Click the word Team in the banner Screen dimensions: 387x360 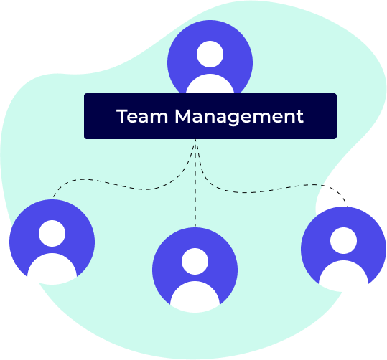(x=142, y=116)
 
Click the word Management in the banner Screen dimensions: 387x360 (x=239, y=118)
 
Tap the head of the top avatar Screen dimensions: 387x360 (x=210, y=54)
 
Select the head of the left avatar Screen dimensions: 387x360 (x=52, y=233)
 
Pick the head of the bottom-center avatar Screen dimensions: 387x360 (x=195, y=261)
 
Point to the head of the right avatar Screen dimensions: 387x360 (x=343, y=241)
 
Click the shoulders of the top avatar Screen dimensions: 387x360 (x=210, y=84)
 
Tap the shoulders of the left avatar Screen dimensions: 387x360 (x=52, y=268)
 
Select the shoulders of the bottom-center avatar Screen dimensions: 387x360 (x=195, y=296)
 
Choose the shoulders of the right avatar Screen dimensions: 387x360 (x=343, y=275)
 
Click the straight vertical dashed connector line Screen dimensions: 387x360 (x=195, y=183)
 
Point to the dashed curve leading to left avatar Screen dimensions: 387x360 (x=123, y=186)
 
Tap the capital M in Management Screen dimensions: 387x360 (x=182, y=116)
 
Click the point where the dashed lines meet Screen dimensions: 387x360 (x=195, y=140)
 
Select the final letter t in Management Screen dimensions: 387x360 (x=300, y=117)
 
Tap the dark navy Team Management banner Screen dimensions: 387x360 (x=210, y=116)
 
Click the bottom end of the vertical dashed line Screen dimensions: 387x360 (x=195, y=227)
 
